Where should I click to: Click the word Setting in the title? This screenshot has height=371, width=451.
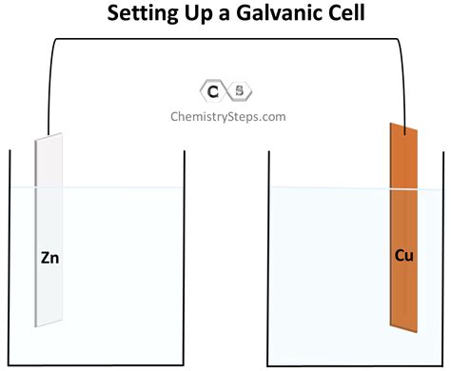(x=144, y=14)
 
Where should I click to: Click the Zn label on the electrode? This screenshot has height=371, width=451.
(x=49, y=256)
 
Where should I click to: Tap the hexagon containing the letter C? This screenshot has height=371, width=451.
(x=212, y=91)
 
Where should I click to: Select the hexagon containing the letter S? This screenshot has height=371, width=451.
(x=239, y=91)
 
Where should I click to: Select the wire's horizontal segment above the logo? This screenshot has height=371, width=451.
(x=225, y=39)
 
